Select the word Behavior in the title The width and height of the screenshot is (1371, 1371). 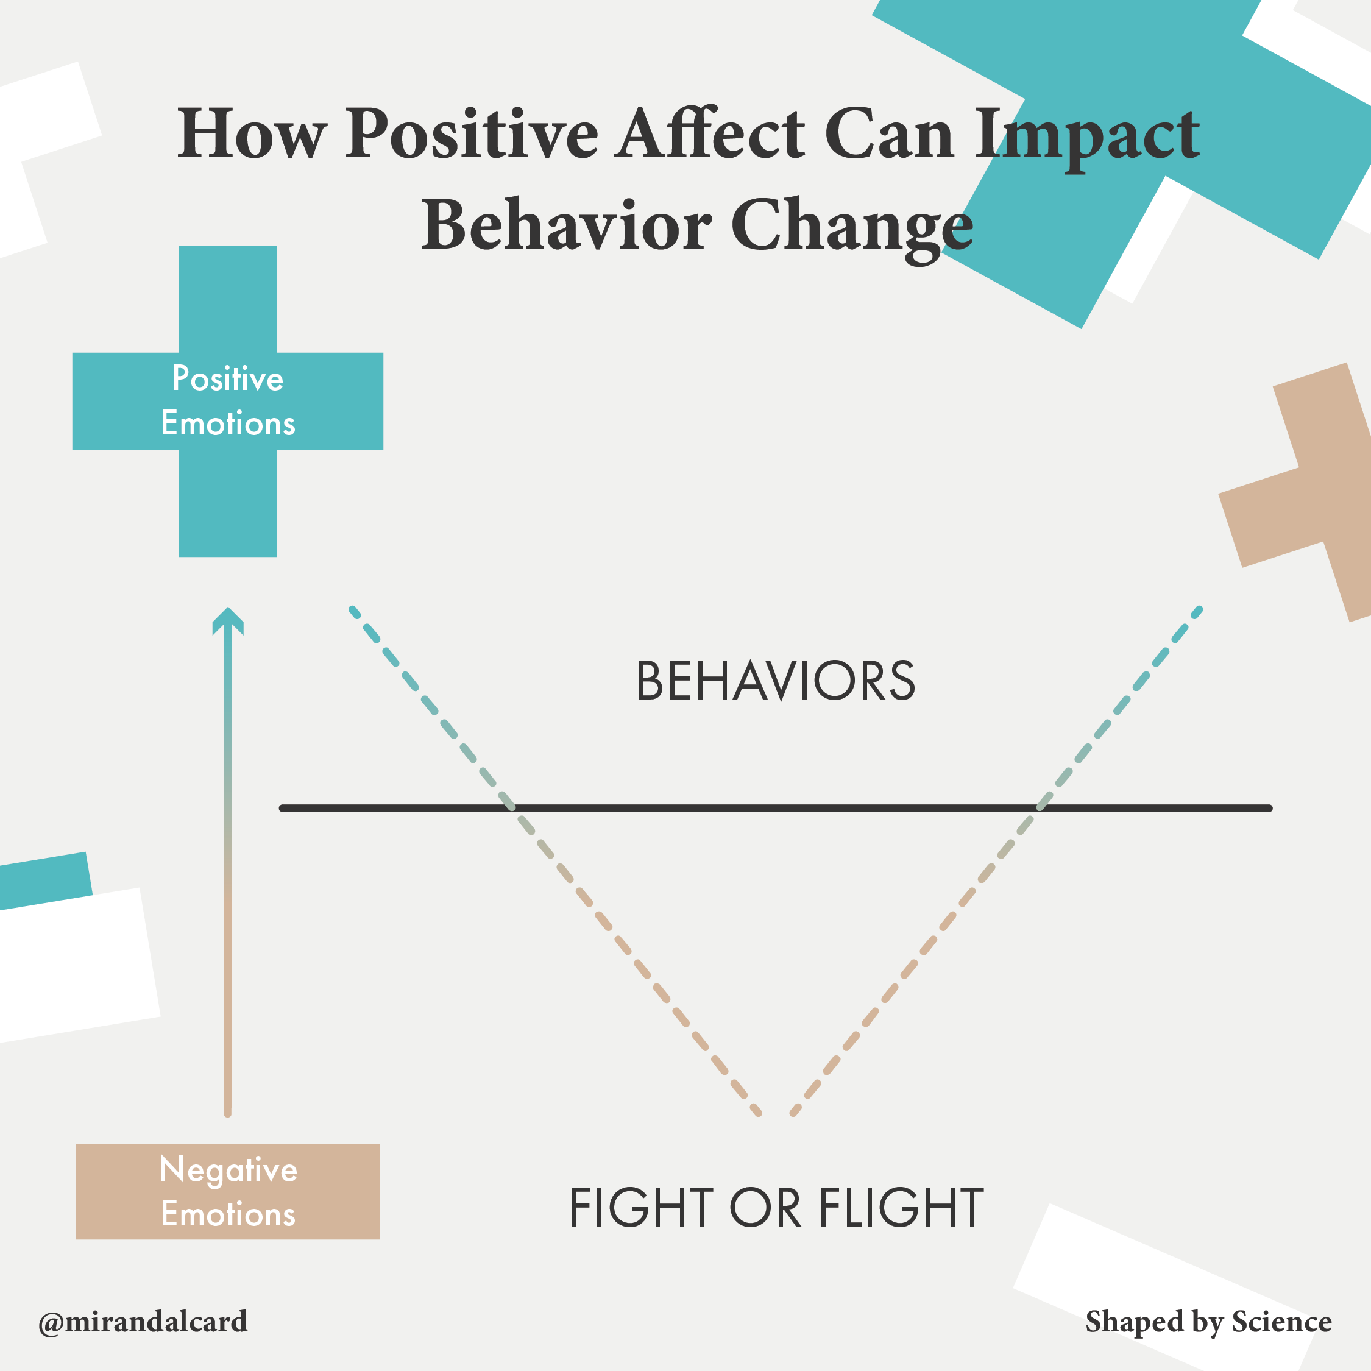(x=565, y=225)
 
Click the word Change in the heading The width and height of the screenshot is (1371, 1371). (x=852, y=225)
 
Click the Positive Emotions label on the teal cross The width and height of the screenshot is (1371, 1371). (x=228, y=401)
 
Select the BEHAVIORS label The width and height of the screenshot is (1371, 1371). (x=776, y=681)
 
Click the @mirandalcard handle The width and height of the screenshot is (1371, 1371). (x=143, y=1321)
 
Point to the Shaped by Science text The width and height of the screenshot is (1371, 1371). (x=1208, y=1321)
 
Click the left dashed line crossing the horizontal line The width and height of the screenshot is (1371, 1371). (x=509, y=807)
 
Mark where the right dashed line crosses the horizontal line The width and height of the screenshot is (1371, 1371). (x=1041, y=807)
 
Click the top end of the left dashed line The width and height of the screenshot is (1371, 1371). (x=353, y=609)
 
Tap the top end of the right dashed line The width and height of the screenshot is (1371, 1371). (x=1199, y=609)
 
